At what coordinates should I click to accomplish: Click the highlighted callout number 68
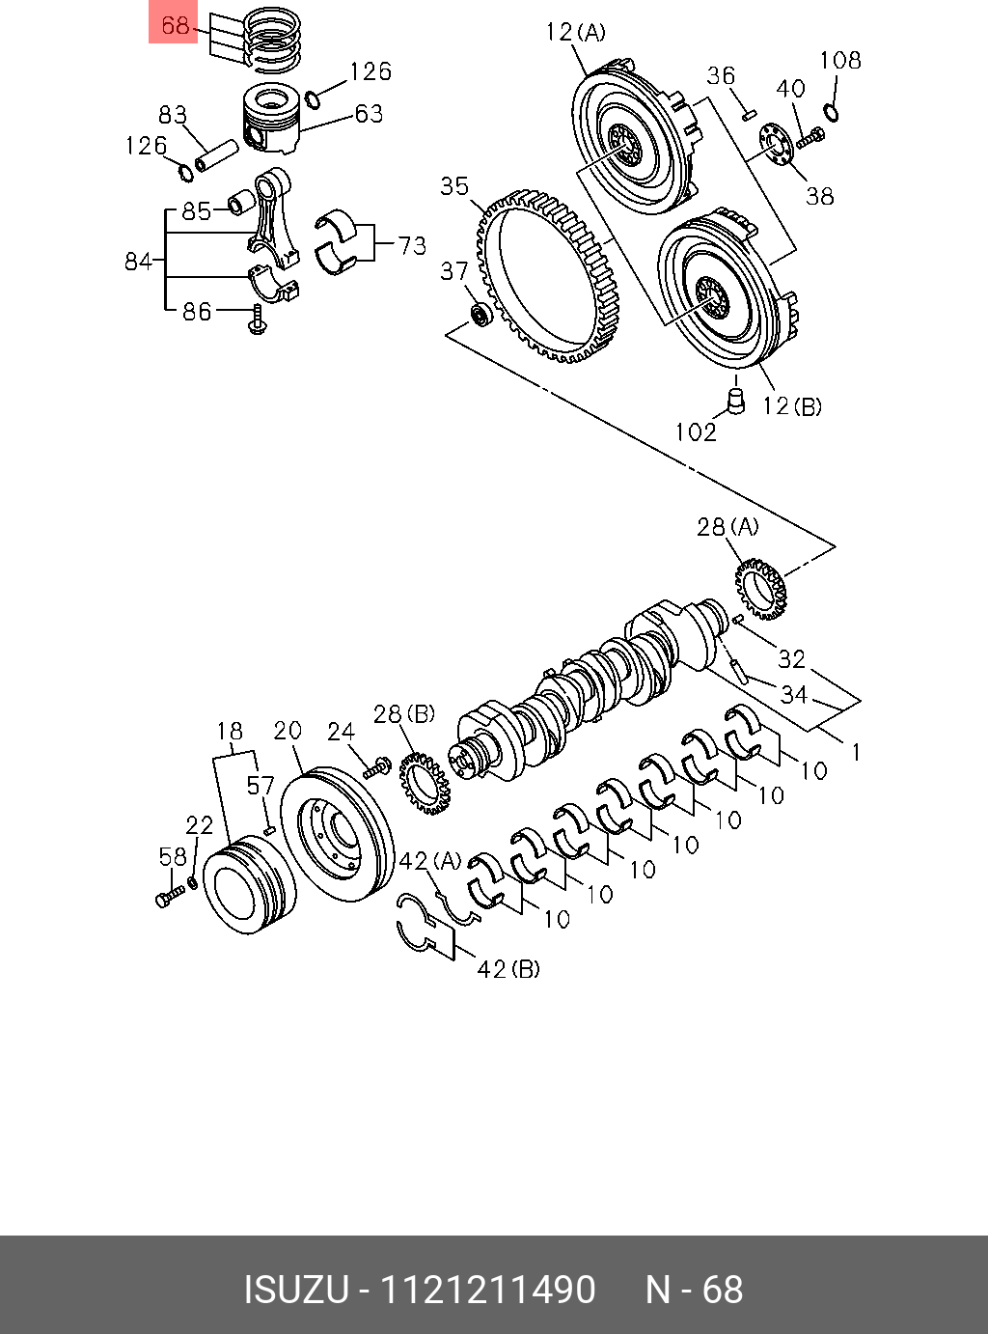coord(175,25)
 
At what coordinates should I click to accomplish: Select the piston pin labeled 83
coord(216,155)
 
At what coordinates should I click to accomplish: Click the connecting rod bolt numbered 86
coord(258,319)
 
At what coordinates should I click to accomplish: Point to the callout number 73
coord(413,245)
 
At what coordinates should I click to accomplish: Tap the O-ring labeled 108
coord(832,112)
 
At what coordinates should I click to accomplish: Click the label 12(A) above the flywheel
coord(575,32)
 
